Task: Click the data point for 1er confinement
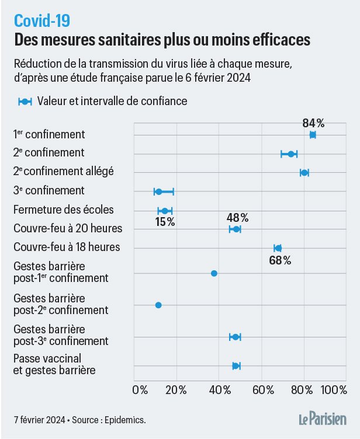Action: click(313, 135)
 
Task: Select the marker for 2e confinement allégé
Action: click(304, 172)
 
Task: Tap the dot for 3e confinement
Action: click(158, 191)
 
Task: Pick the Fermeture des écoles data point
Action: click(165, 211)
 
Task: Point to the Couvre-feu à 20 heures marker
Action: click(236, 229)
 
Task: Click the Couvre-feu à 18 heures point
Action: click(278, 248)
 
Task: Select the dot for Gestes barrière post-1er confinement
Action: click(214, 273)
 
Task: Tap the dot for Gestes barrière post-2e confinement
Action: click(158, 305)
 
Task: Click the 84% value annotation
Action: click(313, 123)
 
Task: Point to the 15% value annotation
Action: click(165, 222)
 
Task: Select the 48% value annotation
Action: click(237, 218)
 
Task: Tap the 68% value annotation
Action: click(280, 260)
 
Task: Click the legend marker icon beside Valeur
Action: click(25, 101)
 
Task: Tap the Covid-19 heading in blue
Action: click(42, 21)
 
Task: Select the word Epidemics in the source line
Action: click(125, 419)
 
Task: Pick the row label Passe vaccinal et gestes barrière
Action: click(55, 363)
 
